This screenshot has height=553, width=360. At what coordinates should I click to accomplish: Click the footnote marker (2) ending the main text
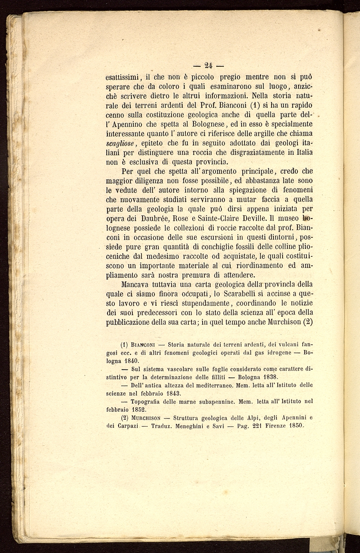pyautogui.click(x=308, y=322)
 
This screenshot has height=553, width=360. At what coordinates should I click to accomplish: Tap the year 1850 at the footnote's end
pyautogui.click(x=296, y=426)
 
